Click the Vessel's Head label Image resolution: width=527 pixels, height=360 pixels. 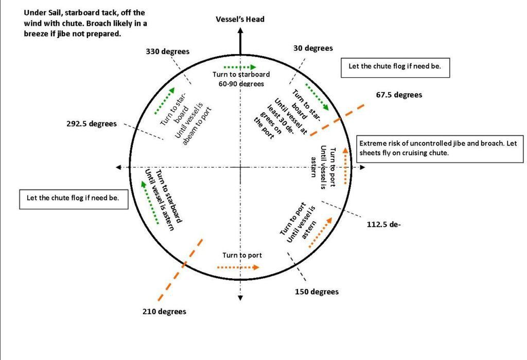[x=240, y=20]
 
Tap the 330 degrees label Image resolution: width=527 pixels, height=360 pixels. [x=167, y=51]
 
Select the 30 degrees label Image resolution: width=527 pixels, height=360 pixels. [x=313, y=48]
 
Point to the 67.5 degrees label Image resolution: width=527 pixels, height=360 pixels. [x=399, y=95]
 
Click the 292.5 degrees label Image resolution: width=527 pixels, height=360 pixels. [x=91, y=124]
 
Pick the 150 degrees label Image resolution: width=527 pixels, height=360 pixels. [x=317, y=292]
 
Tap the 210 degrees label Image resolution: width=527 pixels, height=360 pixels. [x=164, y=312]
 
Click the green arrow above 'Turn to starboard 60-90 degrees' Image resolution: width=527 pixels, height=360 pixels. [x=240, y=67]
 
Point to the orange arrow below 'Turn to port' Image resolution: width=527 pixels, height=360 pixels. [x=238, y=267]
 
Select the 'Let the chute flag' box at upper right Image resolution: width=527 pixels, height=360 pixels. [x=395, y=67]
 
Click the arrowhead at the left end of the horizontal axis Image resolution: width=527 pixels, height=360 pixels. [x=119, y=168]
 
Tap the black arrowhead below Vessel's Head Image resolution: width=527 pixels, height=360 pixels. [x=240, y=31]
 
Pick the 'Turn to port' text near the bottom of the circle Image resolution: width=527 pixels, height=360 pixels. [x=242, y=256]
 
